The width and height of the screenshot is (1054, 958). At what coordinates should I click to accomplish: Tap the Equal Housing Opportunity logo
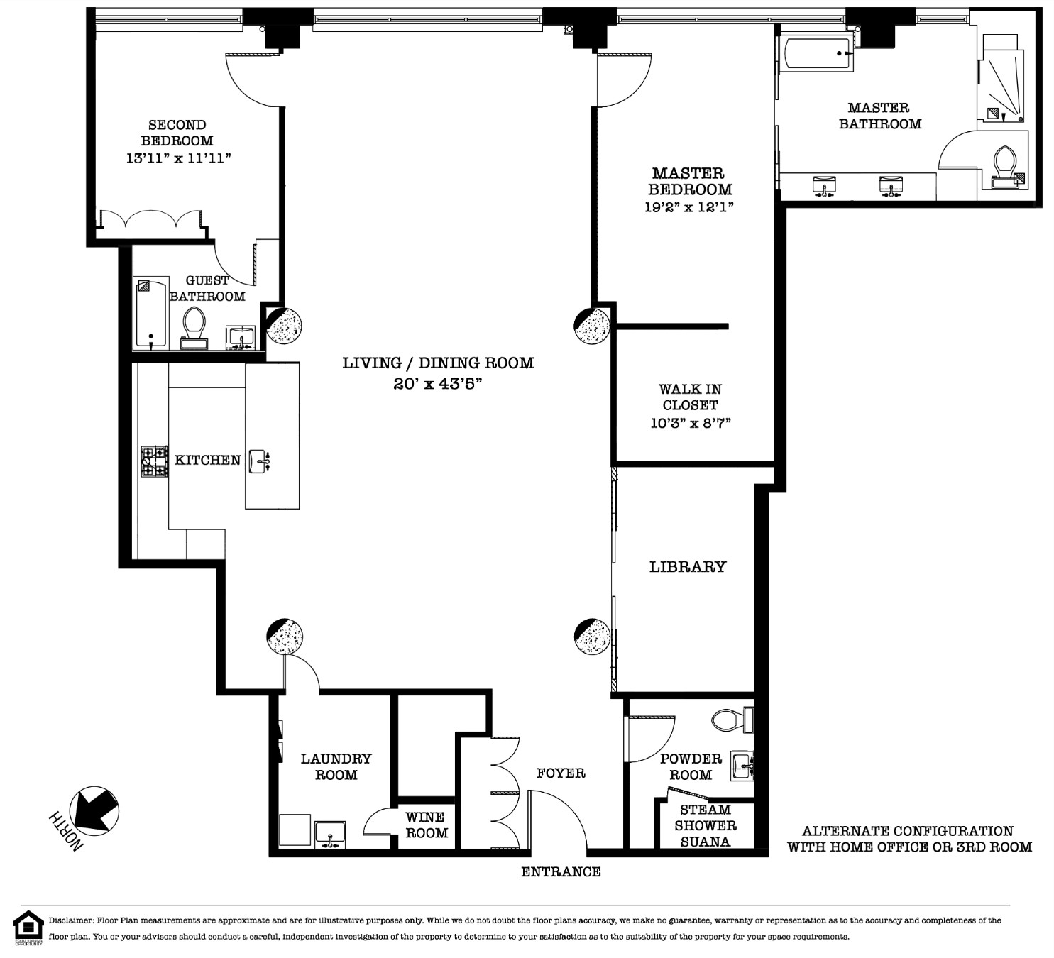(x=28, y=927)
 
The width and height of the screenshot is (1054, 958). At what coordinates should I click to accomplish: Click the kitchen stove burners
(x=155, y=461)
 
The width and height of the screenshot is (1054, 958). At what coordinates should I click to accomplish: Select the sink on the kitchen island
(x=259, y=461)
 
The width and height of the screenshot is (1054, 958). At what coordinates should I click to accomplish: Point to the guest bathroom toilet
(x=194, y=328)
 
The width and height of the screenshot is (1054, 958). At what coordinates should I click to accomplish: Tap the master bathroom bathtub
(x=816, y=53)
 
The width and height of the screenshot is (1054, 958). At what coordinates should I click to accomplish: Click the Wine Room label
(x=426, y=825)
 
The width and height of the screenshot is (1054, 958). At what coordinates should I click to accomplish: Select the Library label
(x=688, y=566)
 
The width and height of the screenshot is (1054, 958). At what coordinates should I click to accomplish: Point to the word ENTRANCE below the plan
(x=561, y=872)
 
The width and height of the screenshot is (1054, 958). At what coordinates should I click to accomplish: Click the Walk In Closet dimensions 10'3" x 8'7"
(x=691, y=423)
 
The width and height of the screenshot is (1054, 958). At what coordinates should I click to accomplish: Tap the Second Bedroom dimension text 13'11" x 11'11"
(x=179, y=158)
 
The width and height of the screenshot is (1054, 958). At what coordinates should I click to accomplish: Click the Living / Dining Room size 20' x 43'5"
(x=438, y=384)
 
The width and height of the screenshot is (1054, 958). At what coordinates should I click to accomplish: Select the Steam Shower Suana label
(x=705, y=825)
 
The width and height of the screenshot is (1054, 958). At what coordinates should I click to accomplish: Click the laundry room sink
(x=330, y=835)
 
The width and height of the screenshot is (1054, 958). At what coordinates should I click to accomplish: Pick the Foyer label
(x=561, y=773)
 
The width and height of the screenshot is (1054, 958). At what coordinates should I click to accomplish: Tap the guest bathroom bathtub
(x=150, y=313)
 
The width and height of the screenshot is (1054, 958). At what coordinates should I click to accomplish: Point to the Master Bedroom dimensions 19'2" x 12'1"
(x=689, y=207)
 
